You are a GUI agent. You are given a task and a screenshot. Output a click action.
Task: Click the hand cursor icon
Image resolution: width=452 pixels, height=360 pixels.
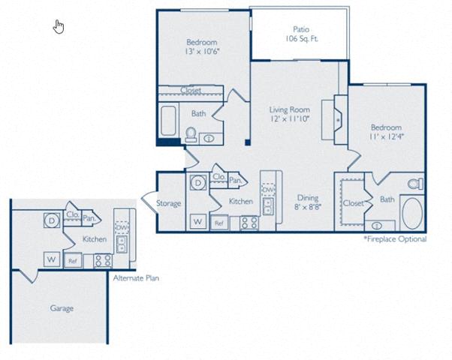(x=59, y=26)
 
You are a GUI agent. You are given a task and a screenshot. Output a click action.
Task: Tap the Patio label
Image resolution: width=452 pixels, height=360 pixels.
(x=301, y=29)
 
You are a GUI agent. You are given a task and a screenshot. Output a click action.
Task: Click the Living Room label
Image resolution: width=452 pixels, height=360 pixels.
(x=289, y=109)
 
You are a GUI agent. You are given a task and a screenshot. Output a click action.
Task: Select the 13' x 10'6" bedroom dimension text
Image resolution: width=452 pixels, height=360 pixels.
(x=202, y=52)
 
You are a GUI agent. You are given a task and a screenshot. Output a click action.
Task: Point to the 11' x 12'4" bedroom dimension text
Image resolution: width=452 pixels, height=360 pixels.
(x=386, y=136)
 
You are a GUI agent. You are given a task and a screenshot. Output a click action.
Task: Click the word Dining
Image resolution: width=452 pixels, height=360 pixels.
(x=308, y=198)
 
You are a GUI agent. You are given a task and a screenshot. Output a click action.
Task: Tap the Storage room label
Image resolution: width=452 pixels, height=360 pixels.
(x=169, y=203)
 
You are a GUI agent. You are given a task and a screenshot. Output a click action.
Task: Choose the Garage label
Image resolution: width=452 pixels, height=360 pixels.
(x=62, y=308)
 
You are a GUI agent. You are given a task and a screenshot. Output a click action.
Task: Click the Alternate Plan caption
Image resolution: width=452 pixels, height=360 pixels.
(x=136, y=278)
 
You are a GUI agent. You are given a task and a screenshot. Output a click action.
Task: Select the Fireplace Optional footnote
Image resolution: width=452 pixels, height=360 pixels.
(x=395, y=239)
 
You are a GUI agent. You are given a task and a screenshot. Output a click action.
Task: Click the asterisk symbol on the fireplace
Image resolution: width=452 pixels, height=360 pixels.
(x=338, y=119)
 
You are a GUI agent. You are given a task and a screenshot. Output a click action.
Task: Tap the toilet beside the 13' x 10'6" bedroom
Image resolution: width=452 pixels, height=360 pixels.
(x=191, y=134)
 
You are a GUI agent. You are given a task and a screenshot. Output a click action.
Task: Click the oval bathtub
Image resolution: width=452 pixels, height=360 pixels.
(x=412, y=213)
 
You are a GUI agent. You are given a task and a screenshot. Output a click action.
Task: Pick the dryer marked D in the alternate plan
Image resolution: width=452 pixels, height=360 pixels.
(x=52, y=220)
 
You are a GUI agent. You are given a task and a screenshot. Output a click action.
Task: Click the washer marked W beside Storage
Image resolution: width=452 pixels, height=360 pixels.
(x=198, y=221)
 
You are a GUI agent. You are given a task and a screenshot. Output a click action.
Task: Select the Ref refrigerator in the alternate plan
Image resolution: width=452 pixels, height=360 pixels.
(x=73, y=261)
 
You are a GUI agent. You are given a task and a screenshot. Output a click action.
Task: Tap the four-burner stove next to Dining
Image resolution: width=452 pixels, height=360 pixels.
(x=249, y=223)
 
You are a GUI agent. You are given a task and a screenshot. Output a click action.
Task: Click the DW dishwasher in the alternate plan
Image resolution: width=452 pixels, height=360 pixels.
(x=122, y=227)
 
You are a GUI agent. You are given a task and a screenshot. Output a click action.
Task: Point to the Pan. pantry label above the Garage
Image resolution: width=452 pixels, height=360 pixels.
(x=89, y=218)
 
